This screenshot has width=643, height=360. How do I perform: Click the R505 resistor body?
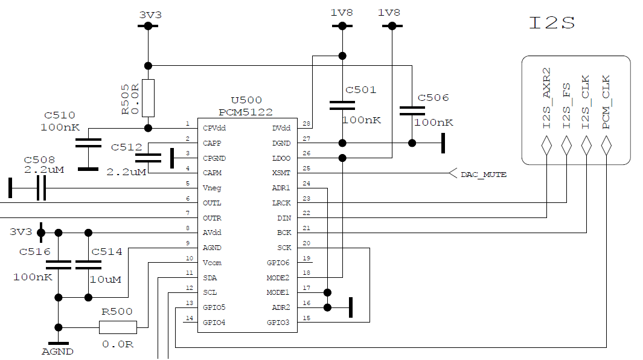148,98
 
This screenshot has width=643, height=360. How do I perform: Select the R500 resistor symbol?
118,327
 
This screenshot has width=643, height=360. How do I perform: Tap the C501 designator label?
360,90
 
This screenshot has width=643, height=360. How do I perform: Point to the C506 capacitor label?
433,97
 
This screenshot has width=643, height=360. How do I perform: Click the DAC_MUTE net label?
483,175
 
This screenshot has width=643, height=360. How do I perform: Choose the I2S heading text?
551,23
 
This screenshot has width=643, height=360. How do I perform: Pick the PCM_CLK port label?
606,101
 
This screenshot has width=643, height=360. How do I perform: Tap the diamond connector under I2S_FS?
566,145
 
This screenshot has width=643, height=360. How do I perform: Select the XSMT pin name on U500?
281,173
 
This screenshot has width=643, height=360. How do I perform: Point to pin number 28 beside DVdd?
306,124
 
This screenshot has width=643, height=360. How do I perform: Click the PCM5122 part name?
246,112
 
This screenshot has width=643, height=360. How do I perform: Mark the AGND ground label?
57,352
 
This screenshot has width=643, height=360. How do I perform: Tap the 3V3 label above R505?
150,15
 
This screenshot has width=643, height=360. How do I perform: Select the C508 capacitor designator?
39,159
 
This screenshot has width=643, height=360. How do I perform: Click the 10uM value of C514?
106,279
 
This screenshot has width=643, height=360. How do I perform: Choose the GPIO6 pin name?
278,263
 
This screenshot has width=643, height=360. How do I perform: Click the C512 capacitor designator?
126,147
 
